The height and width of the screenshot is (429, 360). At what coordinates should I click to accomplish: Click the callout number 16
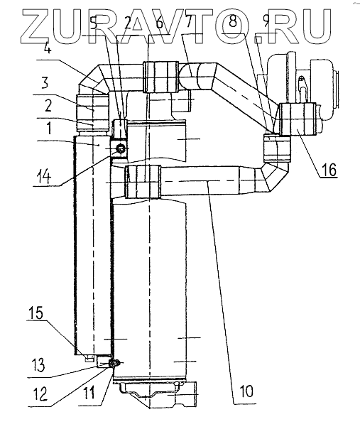click(329, 170)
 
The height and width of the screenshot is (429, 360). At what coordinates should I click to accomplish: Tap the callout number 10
click(246, 391)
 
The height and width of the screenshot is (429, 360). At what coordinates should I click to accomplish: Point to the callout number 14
click(44, 178)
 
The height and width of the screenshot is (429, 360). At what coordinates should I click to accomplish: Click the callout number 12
click(41, 393)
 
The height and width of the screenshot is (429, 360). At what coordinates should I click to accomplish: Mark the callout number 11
click(89, 393)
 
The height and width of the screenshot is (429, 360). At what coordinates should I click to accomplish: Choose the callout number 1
click(49, 128)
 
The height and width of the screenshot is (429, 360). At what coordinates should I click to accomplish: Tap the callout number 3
click(45, 83)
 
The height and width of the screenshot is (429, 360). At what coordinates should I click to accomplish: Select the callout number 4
click(47, 49)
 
